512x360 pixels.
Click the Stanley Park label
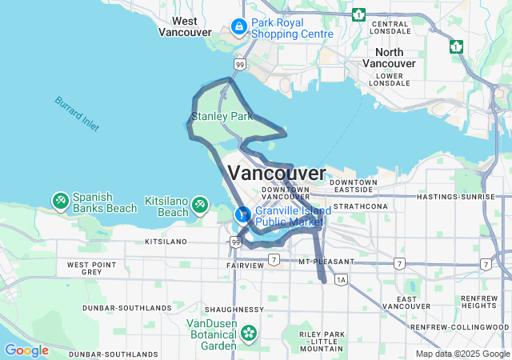pyautogui.click(x=220, y=117)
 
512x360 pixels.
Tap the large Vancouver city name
pyautogui.click(x=277, y=173)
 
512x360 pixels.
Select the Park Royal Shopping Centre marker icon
pyautogui.click(x=238, y=27)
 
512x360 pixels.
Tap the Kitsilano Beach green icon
pyautogui.click(x=200, y=206)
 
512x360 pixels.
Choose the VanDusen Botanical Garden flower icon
pyautogui.click(x=249, y=332)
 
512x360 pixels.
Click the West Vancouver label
pyautogui.click(x=185, y=26)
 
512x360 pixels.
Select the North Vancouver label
pyautogui.click(x=390, y=57)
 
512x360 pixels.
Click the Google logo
pyautogui.click(x=26, y=350)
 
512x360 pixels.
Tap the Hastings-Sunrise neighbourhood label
pyautogui.click(x=460, y=196)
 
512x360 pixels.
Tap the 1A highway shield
pyautogui.click(x=342, y=279)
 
